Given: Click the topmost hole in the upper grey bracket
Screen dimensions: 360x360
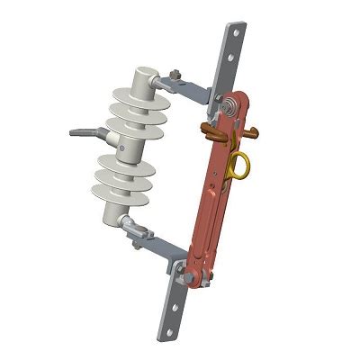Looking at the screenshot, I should (x=237, y=31).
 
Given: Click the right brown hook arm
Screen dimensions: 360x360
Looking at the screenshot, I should (x=255, y=132).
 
